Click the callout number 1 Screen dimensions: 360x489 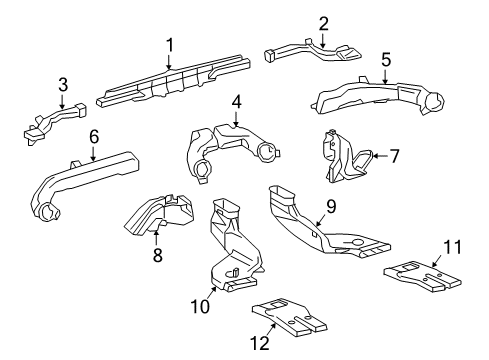click(170, 44)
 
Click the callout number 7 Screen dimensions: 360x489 click(394, 155)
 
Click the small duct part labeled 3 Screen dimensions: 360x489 click(50, 120)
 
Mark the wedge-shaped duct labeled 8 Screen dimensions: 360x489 click(160, 214)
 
